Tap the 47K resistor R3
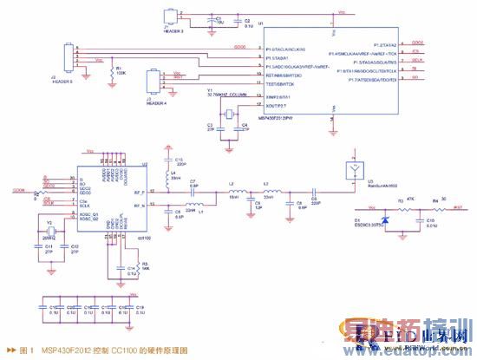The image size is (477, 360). (x=402, y=208)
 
